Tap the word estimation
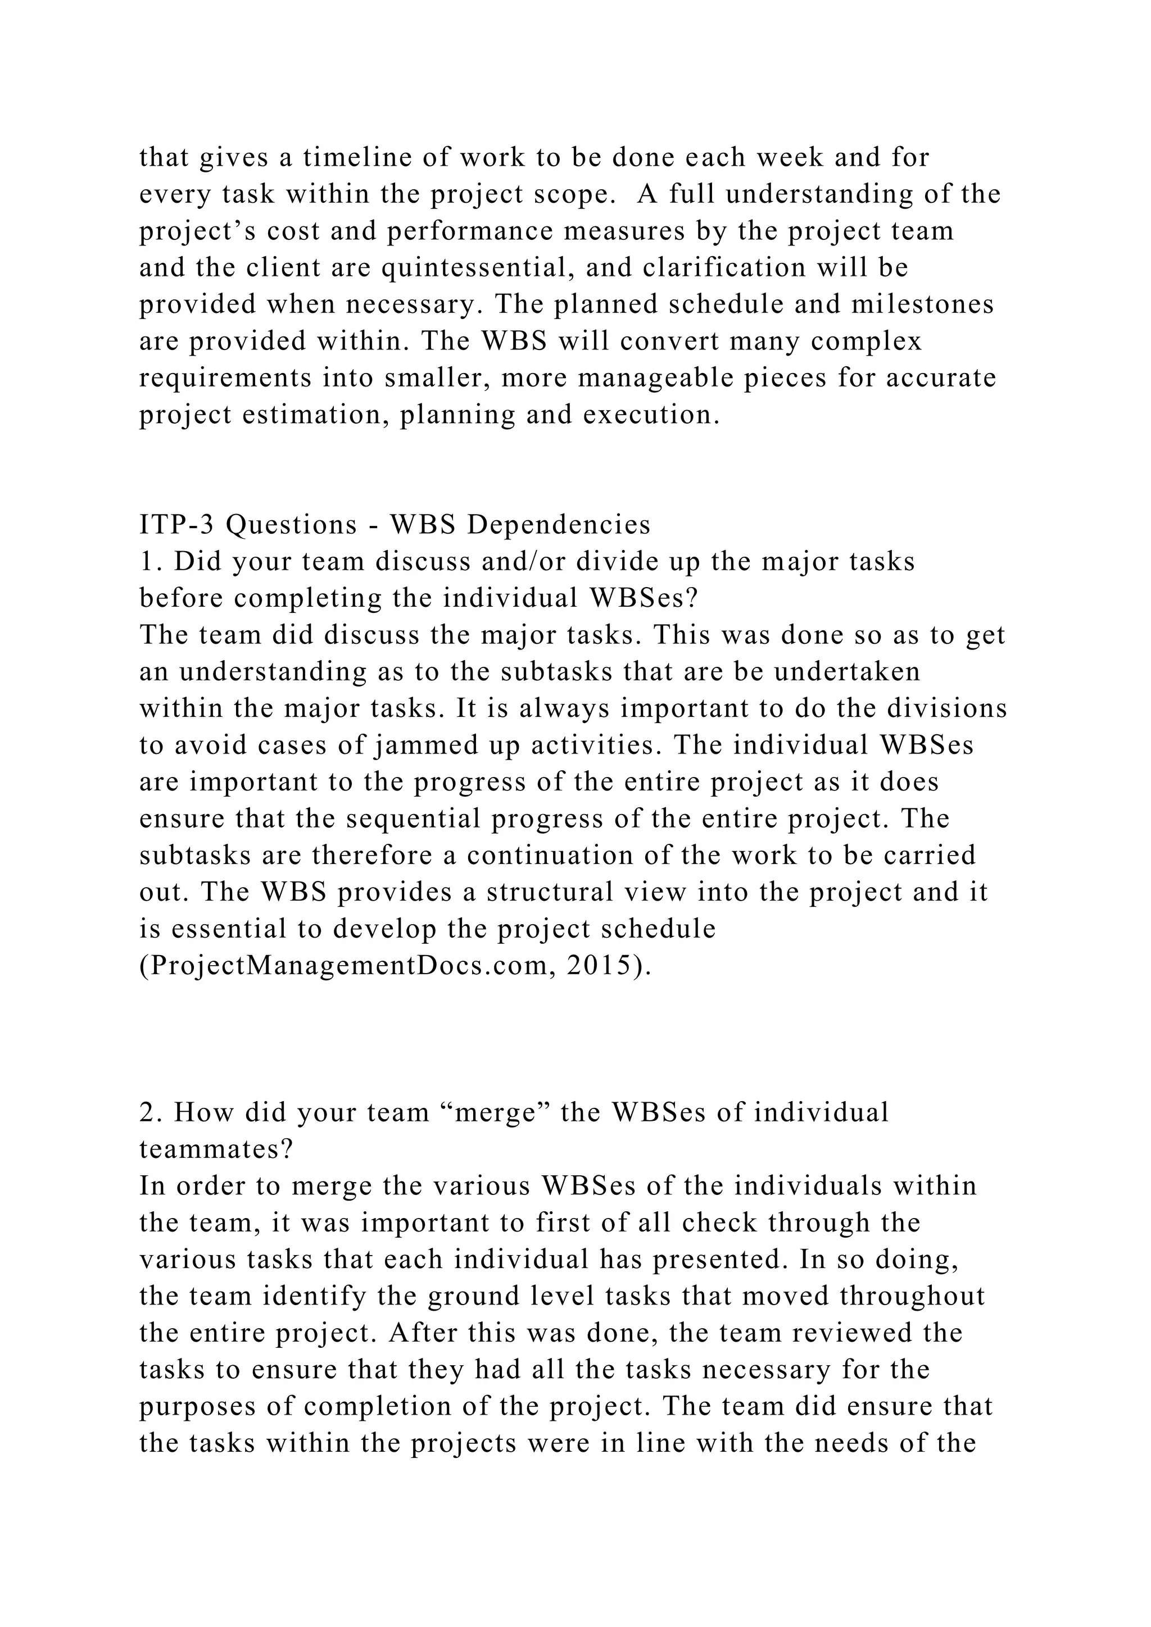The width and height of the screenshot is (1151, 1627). tap(315, 415)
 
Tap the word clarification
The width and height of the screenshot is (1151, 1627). tap(724, 268)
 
